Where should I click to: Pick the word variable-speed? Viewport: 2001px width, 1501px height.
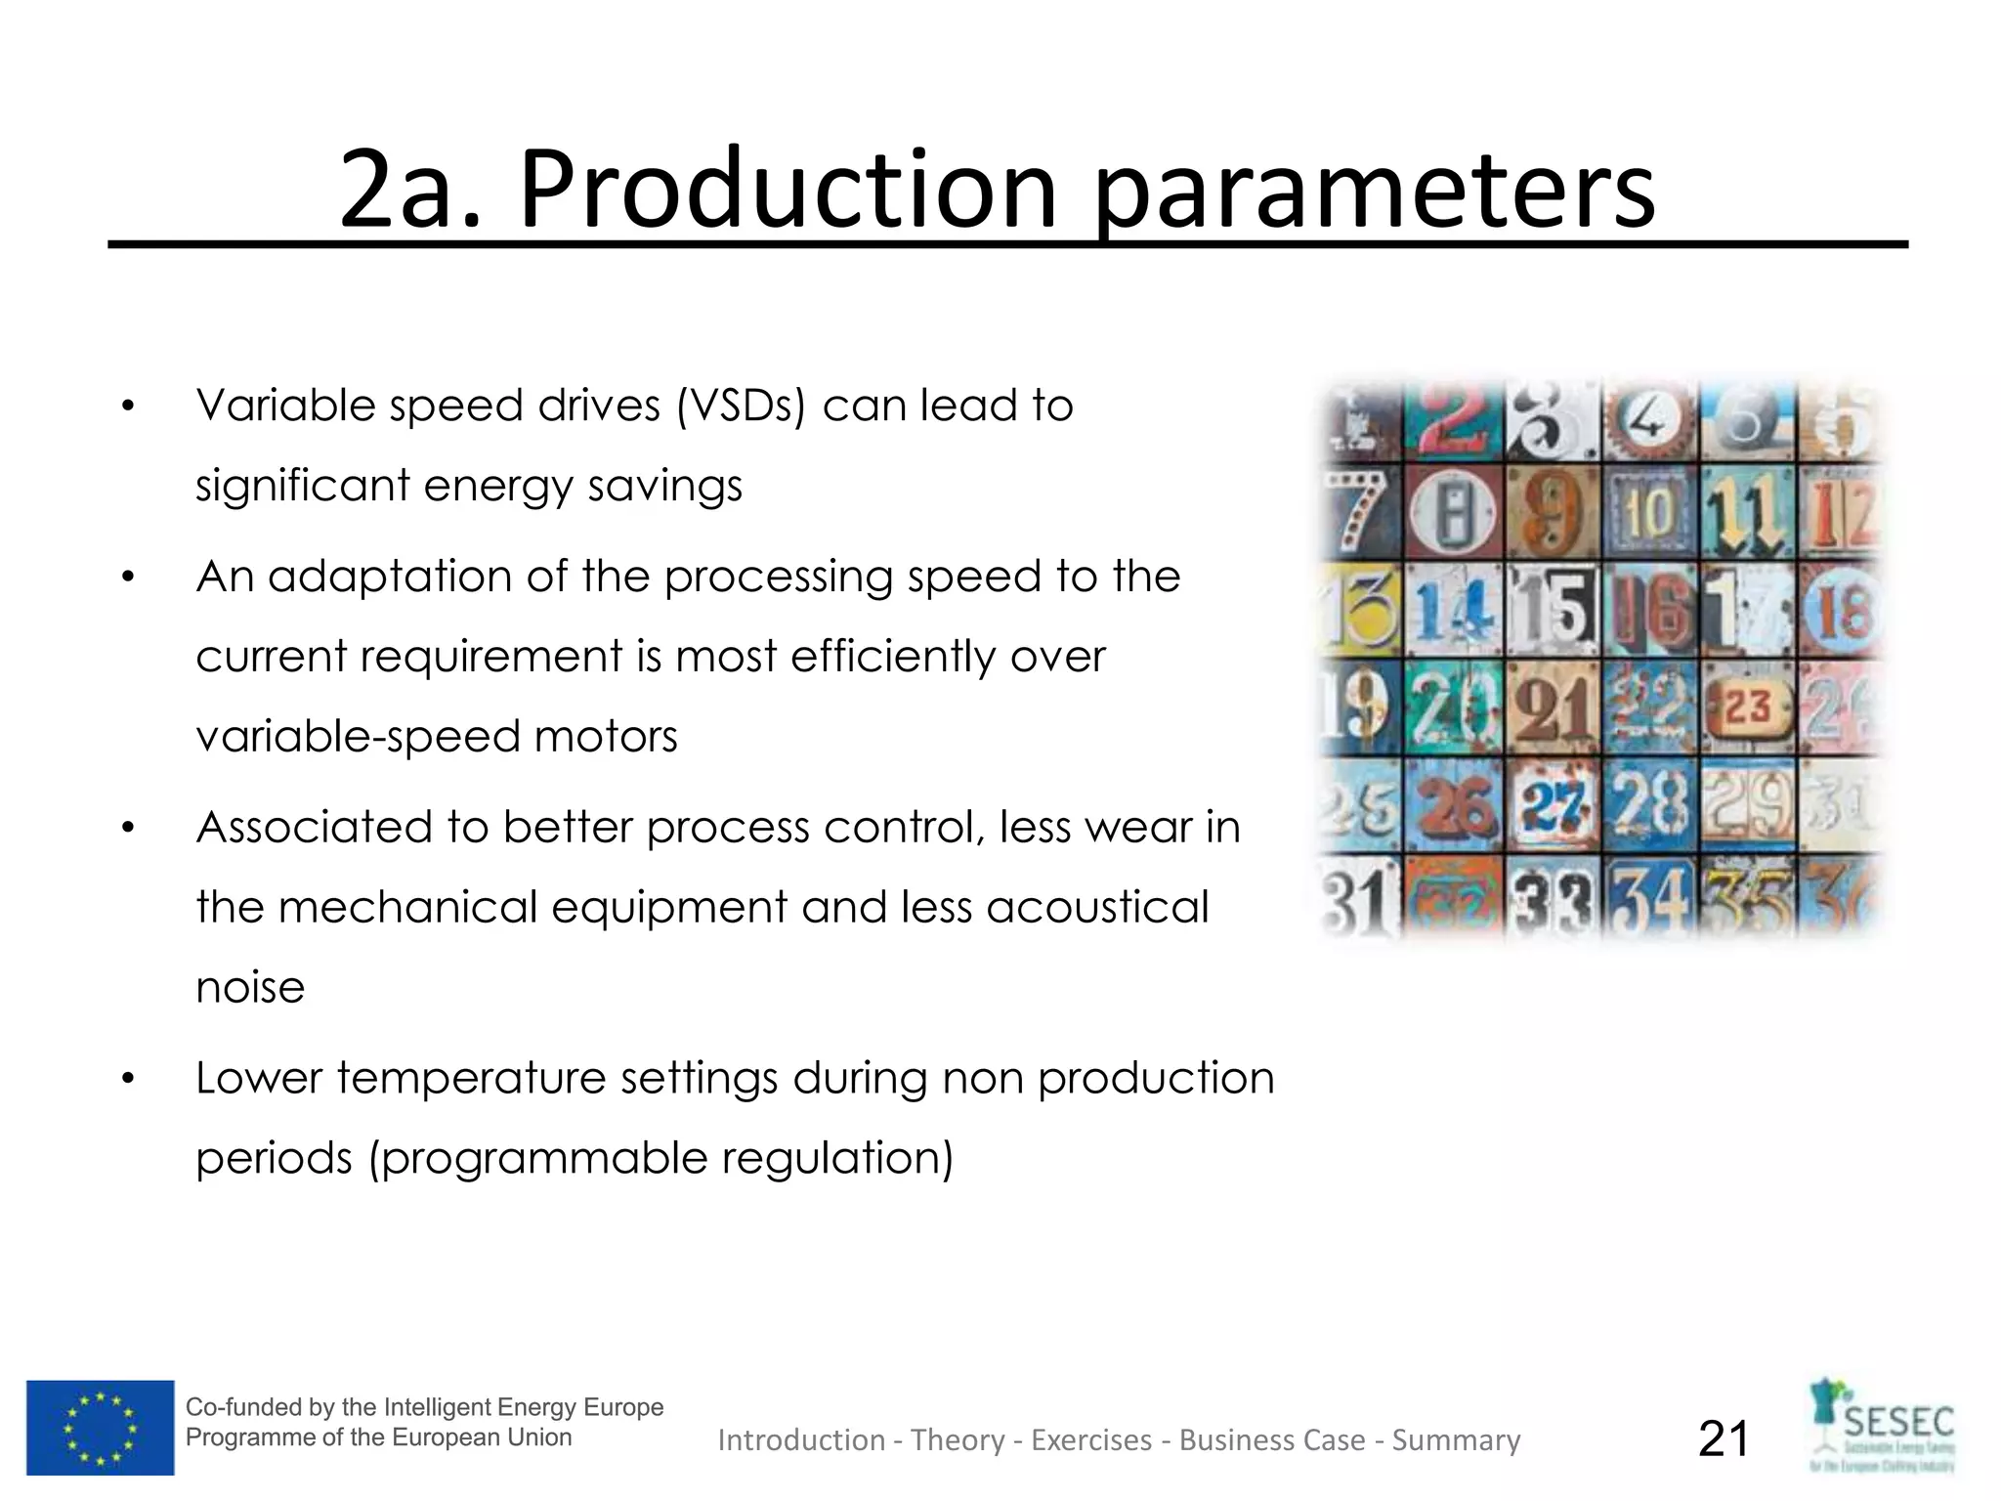[357, 736]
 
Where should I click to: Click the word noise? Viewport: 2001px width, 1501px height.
[250, 987]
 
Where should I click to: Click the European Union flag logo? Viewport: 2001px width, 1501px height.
[101, 1428]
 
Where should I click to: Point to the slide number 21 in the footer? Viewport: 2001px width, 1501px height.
[1724, 1438]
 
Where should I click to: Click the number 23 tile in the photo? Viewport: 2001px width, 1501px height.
[1749, 707]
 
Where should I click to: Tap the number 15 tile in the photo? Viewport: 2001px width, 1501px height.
[1554, 609]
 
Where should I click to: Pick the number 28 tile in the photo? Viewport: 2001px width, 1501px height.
[1651, 804]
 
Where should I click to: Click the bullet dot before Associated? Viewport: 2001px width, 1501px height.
[127, 829]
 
